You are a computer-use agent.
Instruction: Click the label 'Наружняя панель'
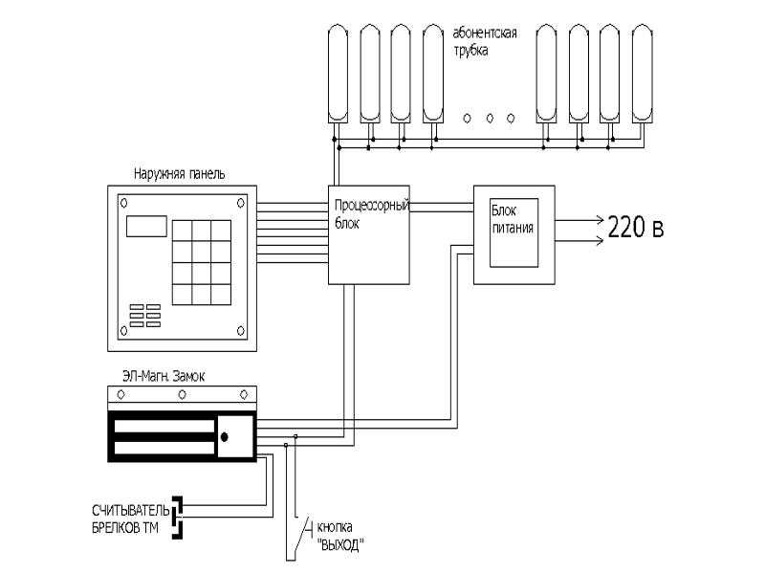pos(179,174)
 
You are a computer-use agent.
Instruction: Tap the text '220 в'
pos(636,228)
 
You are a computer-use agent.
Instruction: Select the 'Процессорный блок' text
pos(371,214)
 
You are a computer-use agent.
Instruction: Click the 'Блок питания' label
pos(513,219)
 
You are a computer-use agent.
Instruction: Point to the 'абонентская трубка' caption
pos(485,41)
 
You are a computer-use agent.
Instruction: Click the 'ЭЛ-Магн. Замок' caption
pos(164,376)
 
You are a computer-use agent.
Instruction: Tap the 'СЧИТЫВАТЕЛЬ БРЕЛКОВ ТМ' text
pos(130,519)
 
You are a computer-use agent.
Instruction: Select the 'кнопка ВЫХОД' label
pos(340,536)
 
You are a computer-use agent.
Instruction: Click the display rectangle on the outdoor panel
pos(146,227)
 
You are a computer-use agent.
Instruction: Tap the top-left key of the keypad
pos(182,231)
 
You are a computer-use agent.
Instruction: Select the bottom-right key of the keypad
pos(221,295)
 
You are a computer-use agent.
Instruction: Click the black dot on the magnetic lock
pos(225,437)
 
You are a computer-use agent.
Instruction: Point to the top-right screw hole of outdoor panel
pos(241,203)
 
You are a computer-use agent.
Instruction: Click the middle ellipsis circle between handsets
pos(490,119)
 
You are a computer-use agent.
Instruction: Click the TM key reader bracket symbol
pos(178,518)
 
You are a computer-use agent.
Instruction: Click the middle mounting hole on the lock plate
pos(182,394)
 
